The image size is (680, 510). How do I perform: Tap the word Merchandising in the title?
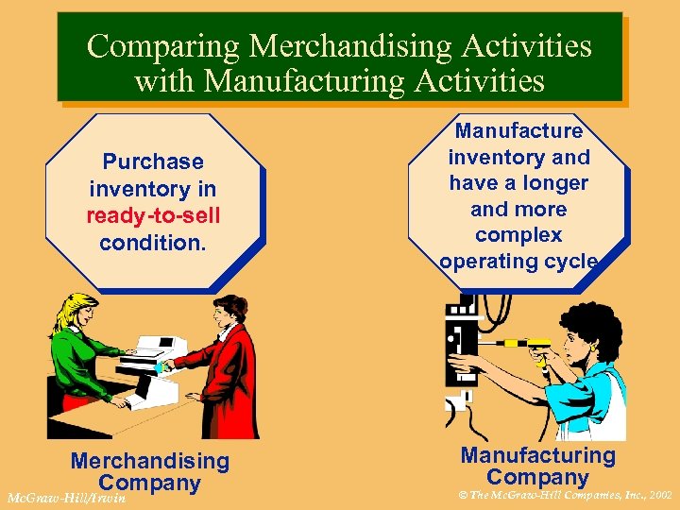coord(322,46)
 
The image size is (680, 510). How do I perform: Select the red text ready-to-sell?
coord(153,215)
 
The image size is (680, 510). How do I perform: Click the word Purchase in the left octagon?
coord(153,162)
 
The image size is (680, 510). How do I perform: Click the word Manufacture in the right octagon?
coord(518,131)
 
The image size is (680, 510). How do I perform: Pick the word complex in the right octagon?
coord(518,235)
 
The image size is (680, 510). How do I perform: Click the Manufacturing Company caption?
coord(537,467)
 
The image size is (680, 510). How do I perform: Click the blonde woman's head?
coord(76,311)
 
